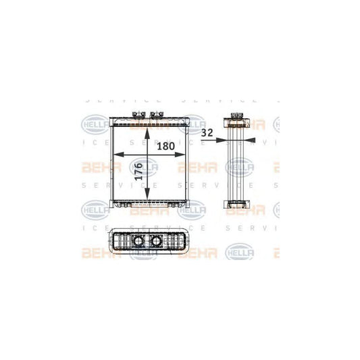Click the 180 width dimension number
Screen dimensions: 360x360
click(x=167, y=147)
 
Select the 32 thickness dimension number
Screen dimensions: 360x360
click(x=209, y=134)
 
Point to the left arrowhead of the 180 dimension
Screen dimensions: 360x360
click(x=115, y=155)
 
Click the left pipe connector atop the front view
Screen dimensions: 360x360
click(x=138, y=115)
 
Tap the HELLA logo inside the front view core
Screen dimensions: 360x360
click(x=145, y=165)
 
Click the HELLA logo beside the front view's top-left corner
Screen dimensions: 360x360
click(x=93, y=124)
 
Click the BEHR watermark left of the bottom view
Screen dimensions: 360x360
click(x=95, y=254)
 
